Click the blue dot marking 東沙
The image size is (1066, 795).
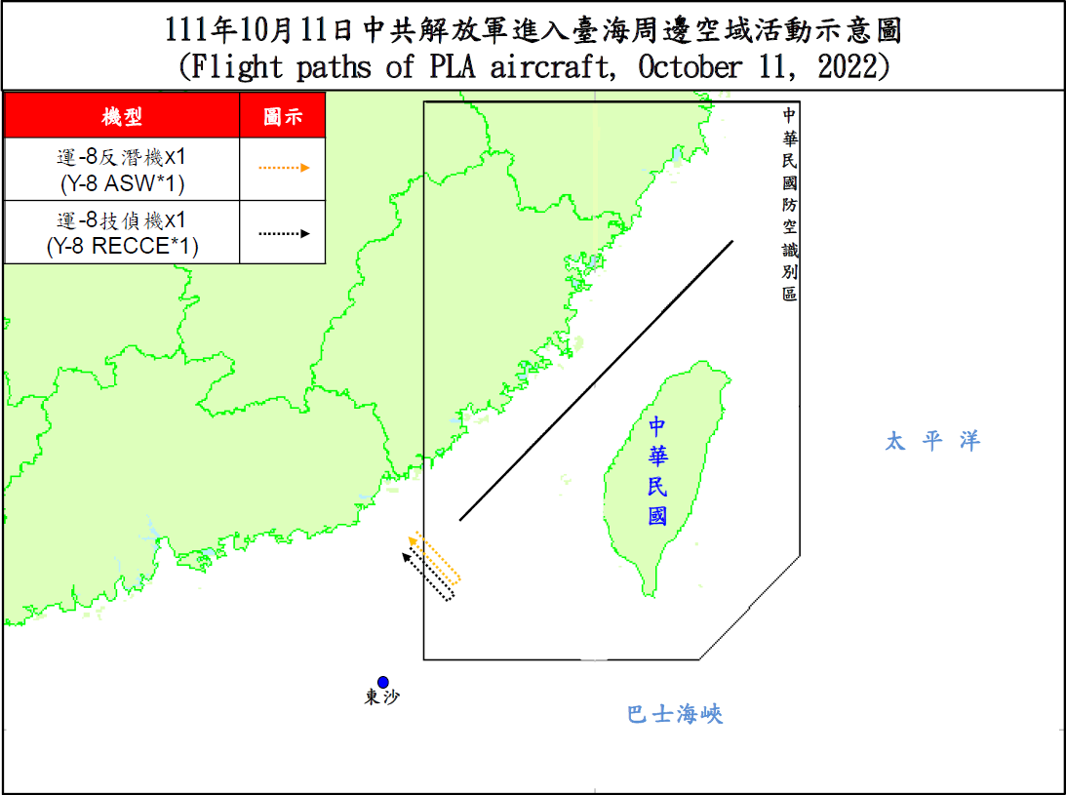(383, 682)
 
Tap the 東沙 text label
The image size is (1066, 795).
(382, 698)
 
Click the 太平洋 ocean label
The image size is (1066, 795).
(931, 441)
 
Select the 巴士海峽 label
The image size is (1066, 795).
(675, 715)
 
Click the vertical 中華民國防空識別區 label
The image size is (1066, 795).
(789, 204)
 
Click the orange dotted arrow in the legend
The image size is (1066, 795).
(284, 168)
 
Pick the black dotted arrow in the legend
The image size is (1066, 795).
(284, 233)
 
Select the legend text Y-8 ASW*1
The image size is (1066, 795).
(122, 182)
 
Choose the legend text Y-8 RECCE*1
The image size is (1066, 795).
(122, 247)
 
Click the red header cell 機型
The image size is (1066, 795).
(122, 117)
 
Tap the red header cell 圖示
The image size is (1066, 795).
(283, 117)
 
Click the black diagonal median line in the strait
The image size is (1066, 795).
(596, 380)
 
